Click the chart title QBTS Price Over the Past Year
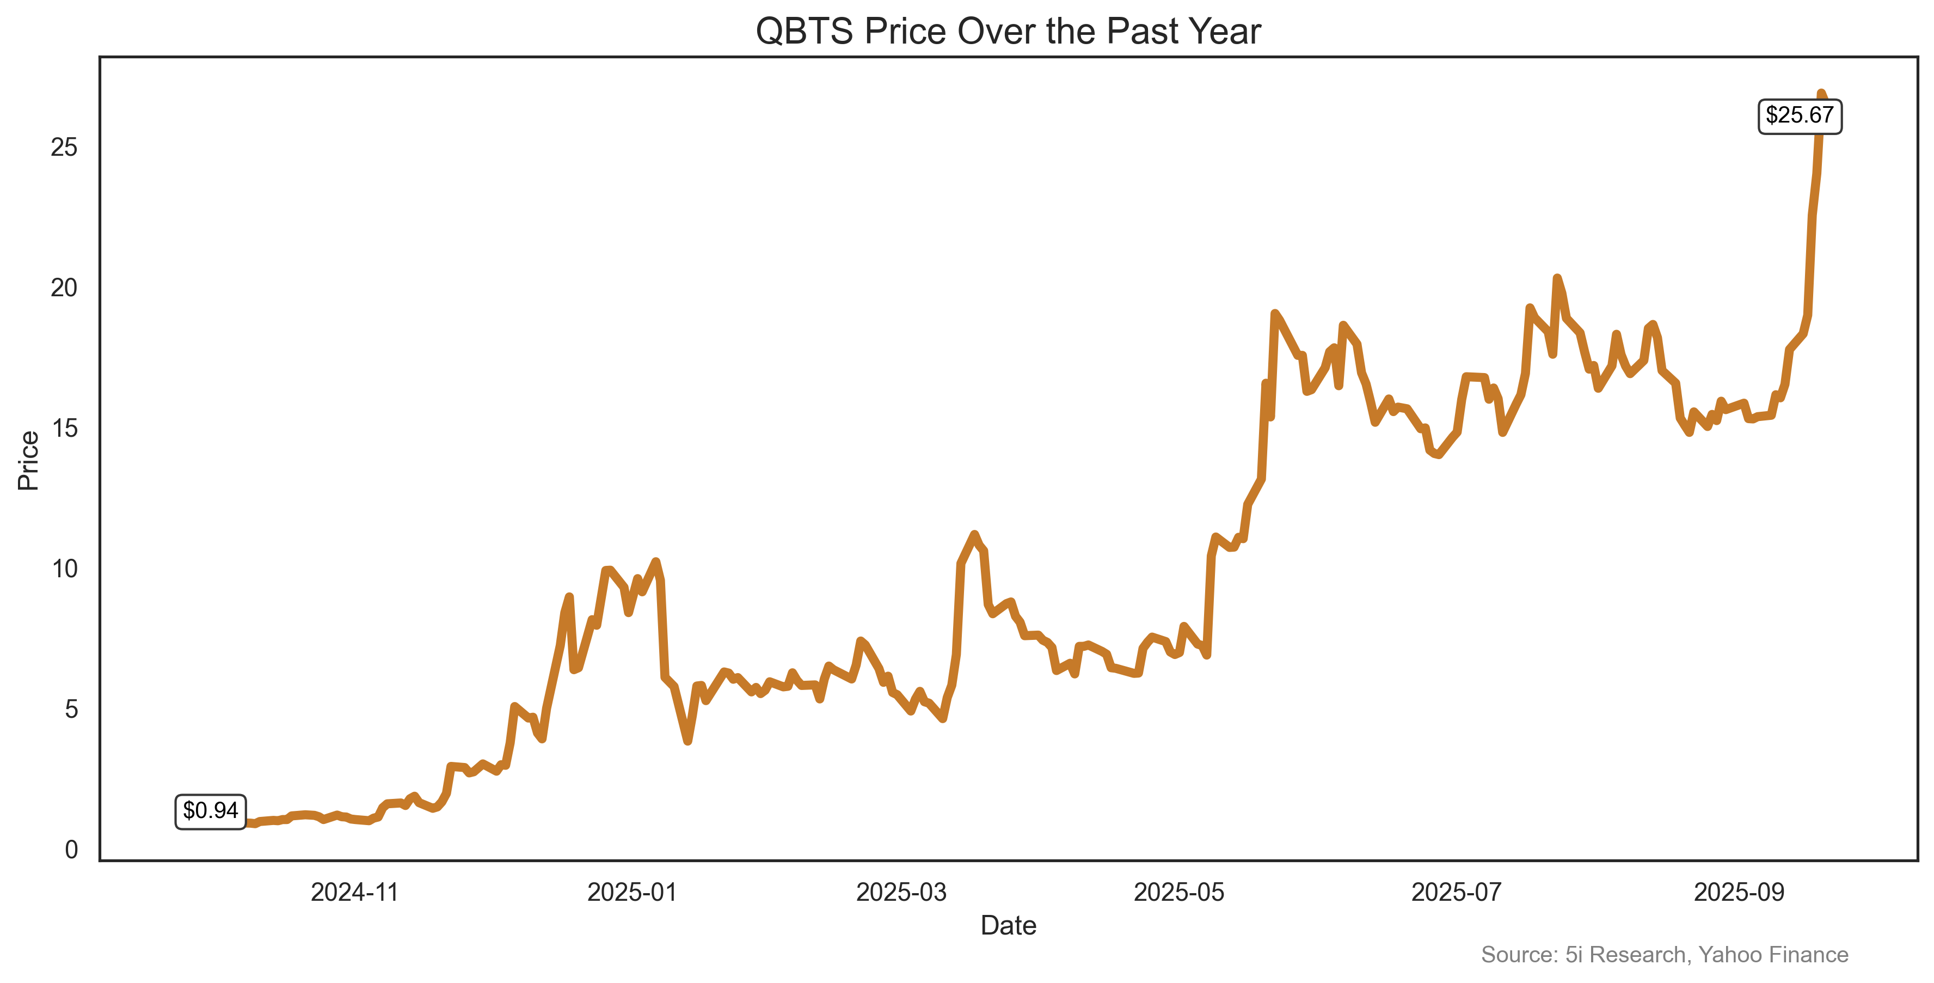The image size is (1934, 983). coord(1008,32)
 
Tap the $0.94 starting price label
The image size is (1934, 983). coord(210,811)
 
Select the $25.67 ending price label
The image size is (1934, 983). coord(1799,115)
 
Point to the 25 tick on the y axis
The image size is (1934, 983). coord(65,147)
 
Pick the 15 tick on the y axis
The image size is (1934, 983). coord(65,428)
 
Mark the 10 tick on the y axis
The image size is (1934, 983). coord(65,569)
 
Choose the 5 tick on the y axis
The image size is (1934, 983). coord(71,709)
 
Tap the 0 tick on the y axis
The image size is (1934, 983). coord(71,850)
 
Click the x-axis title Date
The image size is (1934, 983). coord(1008,926)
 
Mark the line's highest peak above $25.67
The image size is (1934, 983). coord(1821,93)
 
